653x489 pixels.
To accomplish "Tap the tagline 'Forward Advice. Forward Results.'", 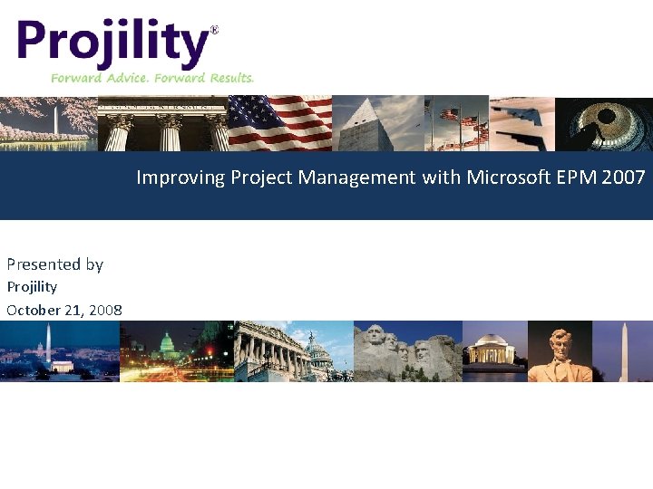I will [152, 78].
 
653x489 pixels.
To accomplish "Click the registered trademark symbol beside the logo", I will [214, 30].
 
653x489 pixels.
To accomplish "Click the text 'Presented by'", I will [54, 264].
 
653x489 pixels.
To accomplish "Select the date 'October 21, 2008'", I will [63, 310].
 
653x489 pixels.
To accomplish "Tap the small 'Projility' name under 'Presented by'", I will [32, 287].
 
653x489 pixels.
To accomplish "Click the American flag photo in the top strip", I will [279, 123].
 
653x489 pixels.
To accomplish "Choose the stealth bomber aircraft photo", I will [521, 123].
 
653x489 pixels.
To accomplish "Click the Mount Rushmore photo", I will [406, 351].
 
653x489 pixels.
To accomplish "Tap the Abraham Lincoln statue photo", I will [559, 351].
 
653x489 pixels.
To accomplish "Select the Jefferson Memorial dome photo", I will [494, 351].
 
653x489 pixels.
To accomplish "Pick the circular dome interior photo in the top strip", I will [604, 123].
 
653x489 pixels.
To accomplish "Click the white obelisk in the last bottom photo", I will [623, 351].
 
